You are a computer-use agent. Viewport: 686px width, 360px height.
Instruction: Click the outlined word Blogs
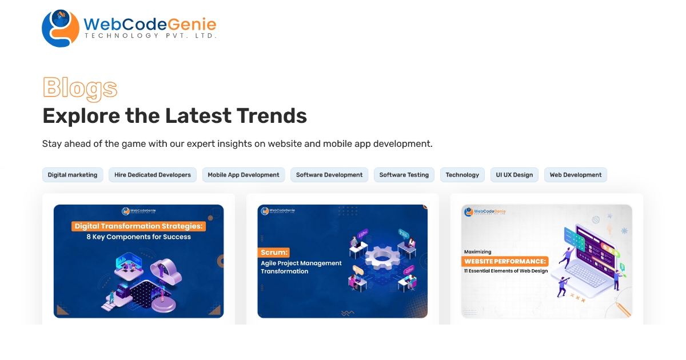(80, 88)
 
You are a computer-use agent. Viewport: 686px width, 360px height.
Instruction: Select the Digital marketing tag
(73, 175)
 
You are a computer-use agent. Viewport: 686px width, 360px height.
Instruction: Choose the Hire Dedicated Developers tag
(153, 175)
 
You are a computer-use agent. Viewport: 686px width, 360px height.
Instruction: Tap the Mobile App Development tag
(244, 175)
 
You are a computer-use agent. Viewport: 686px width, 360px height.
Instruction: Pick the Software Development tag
(329, 175)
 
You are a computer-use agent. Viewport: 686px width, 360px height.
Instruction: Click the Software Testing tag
(404, 175)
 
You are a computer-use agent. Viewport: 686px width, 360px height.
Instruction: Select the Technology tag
(462, 175)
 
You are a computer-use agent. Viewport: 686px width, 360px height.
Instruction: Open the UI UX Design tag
(514, 175)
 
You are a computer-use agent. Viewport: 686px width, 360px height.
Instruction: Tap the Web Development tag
(576, 175)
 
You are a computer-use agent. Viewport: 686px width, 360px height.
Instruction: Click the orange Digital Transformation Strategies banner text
(138, 226)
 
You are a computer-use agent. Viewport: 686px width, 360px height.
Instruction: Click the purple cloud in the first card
(166, 272)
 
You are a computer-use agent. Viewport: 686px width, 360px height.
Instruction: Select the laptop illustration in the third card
(583, 274)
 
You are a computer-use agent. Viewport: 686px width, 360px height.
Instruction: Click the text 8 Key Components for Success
(138, 237)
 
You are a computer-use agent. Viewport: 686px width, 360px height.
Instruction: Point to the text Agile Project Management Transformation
(301, 267)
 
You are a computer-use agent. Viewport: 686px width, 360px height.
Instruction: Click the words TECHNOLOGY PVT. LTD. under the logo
(150, 35)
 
